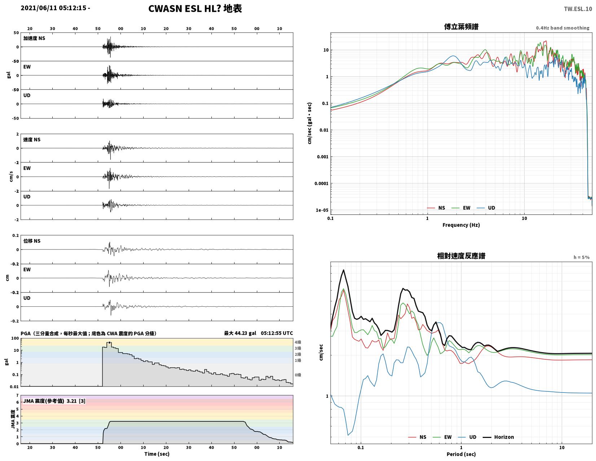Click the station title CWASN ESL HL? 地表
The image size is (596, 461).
click(x=195, y=9)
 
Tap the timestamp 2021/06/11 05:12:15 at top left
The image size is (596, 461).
click(x=53, y=8)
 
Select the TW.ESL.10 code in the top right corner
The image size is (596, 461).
click(x=578, y=9)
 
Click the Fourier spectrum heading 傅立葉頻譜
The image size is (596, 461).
click(x=461, y=27)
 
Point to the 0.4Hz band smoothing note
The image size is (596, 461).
click(x=562, y=28)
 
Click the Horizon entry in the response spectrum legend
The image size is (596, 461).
click(x=504, y=437)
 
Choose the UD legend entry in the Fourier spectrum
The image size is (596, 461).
click(x=491, y=208)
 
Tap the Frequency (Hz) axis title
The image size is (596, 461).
click(x=461, y=225)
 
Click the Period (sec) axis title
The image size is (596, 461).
click(x=461, y=454)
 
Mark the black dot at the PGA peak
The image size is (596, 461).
click(x=109, y=342)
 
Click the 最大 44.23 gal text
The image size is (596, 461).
click(x=240, y=333)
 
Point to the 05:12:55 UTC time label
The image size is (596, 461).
click(x=277, y=333)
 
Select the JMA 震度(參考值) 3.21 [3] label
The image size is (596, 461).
click(x=54, y=401)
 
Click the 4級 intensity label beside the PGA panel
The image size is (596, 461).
click(x=298, y=342)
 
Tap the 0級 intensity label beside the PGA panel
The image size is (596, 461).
click(x=298, y=375)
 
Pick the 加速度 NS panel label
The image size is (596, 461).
click(x=34, y=38)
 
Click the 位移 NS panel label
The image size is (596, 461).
click(x=32, y=241)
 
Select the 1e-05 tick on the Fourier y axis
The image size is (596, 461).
click(x=322, y=210)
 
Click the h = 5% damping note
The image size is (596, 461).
click(x=581, y=257)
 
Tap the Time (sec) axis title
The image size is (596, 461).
click(x=157, y=454)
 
